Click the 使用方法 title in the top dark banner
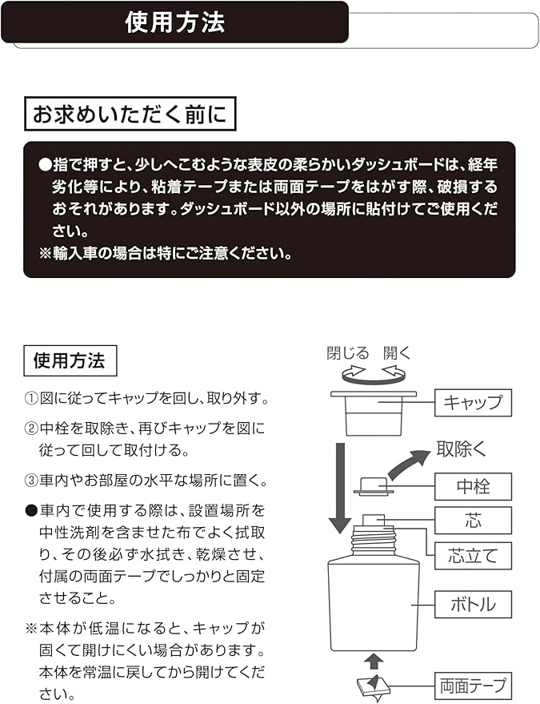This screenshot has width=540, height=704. click(x=175, y=23)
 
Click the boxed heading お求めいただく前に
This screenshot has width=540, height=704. click(x=130, y=115)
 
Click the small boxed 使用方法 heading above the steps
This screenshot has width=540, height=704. click(x=69, y=360)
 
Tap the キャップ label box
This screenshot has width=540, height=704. click(x=473, y=402)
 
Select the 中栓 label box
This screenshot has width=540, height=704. click(x=473, y=485)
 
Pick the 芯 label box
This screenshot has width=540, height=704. click(x=473, y=520)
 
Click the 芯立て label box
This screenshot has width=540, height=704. click(x=473, y=554)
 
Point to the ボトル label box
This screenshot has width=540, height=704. click(x=473, y=604)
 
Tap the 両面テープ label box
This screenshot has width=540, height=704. click(x=473, y=686)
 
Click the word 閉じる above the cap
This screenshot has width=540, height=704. click(x=348, y=353)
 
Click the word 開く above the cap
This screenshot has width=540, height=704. click(x=397, y=353)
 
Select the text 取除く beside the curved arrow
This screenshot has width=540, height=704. click(x=461, y=449)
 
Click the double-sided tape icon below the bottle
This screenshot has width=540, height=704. click(x=374, y=686)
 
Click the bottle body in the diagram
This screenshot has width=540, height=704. click(x=374, y=605)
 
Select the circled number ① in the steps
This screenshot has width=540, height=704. click(x=31, y=398)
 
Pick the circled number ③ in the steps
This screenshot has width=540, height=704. click(x=31, y=481)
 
